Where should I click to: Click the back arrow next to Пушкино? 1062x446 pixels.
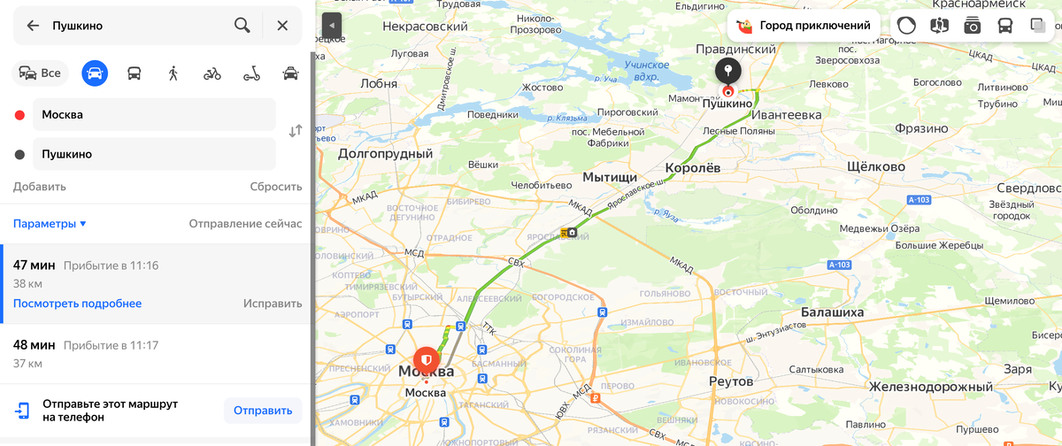[33, 26]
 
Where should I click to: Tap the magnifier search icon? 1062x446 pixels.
[242, 26]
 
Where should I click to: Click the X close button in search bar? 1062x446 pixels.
[282, 26]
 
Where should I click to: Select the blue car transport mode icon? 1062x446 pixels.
[95, 73]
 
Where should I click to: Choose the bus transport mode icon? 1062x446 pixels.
[134, 73]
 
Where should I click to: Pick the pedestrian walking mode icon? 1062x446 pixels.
[173, 73]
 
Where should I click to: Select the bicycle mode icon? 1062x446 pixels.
[212, 73]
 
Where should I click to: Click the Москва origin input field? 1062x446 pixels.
[155, 114]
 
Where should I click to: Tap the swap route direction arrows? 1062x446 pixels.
[296, 131]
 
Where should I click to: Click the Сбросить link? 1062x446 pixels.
[275, 187]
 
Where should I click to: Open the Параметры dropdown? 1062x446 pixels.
[50, 224]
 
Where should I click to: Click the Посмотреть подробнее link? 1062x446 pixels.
[77, 304]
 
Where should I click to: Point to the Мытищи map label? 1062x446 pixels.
[610, 177]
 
